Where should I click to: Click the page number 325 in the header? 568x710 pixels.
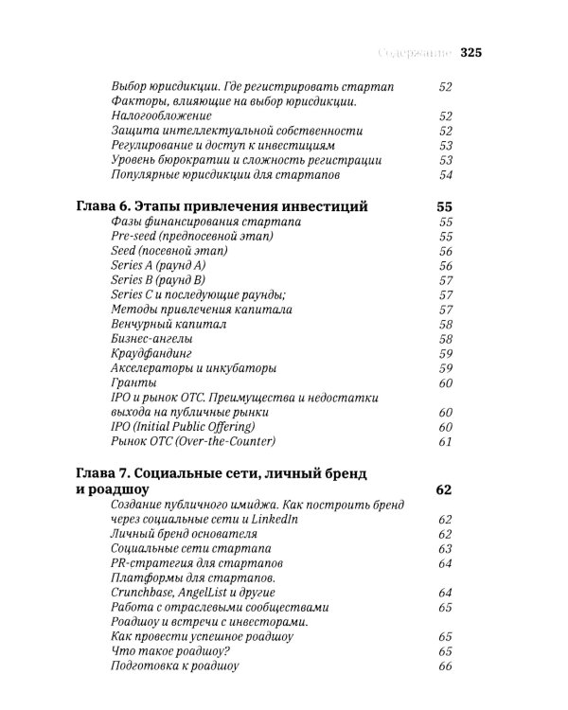click(471, 53)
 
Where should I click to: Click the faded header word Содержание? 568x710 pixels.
click(416, 53)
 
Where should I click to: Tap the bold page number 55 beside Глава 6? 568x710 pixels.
click(441, 206)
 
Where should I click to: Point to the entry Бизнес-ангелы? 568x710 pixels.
click(151, 339)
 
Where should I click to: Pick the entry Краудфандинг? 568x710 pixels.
click(151, 353)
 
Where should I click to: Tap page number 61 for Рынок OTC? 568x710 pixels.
click(444, 442)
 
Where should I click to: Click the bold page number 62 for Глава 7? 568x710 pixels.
click(443, 489)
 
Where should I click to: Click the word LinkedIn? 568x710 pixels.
click(272, 519)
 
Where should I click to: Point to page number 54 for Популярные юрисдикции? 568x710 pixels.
click(444, 174)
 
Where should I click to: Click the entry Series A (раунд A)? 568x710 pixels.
click(158, 266)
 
